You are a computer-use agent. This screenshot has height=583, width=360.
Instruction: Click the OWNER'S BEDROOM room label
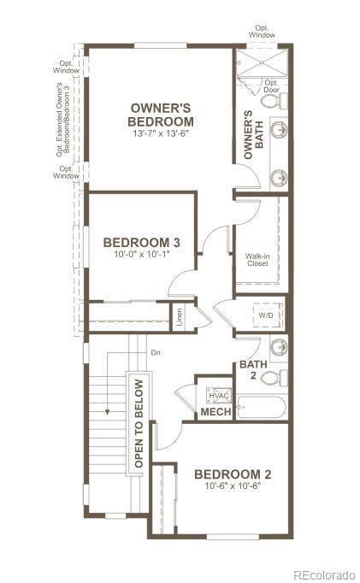[x=162, y=115]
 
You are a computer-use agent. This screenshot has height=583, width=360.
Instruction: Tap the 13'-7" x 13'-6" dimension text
[x=162, y=134]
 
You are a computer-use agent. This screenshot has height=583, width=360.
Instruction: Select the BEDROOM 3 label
[x=142, y=242]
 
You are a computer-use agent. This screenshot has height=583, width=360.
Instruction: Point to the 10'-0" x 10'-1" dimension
[x=141, y=255]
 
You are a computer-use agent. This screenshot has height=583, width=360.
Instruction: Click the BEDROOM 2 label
[x=233, y=474]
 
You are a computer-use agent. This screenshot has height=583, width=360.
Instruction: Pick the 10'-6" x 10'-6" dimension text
[x=233, y=486]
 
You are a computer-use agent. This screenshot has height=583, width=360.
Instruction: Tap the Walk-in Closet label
[x=257, y=259]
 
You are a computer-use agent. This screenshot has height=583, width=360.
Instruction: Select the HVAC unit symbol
[x=216, y=395]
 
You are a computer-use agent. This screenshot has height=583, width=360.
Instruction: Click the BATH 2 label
[x=253, y=368]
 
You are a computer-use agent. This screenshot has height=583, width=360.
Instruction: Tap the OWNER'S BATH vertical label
[x=249, y=134]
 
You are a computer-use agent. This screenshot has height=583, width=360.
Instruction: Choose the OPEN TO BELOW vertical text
[x=139, y=424]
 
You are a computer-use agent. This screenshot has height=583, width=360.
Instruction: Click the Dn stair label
[x=155, y=352]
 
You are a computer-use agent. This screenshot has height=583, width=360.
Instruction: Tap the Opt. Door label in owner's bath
[x=272, y=85]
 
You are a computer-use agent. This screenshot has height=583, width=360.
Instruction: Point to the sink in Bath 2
[x=277, y=347]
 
